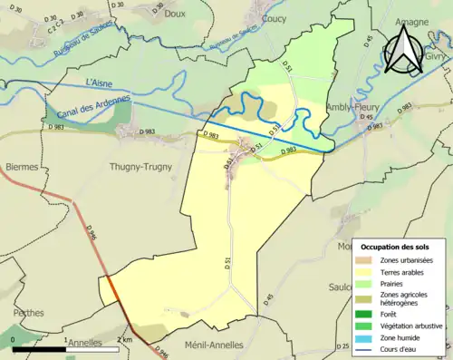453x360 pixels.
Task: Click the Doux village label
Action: click(176, 15)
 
